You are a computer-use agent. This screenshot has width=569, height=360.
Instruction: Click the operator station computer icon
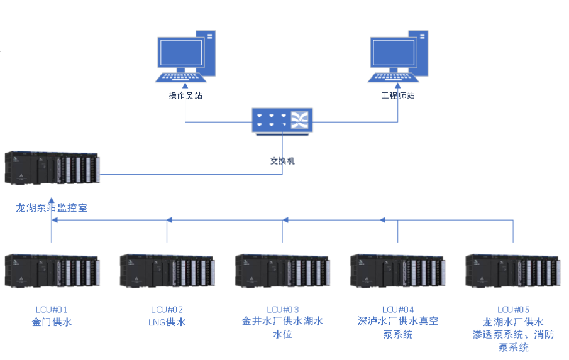pyautogui.click(x=187, y=57)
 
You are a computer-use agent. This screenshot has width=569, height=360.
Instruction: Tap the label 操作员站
pyautogui.click(x=185, y=96)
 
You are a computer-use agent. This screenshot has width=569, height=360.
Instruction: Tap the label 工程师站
pyautogui.click(x=398, y=96)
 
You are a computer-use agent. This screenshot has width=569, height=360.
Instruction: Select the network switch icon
pyautogui.click(x=282, y=120)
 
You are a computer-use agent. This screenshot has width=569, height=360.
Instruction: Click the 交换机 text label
pyautogui.click(x=282, y=161)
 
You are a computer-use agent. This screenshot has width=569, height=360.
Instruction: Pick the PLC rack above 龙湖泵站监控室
pyautogui.click(x=52, y=168)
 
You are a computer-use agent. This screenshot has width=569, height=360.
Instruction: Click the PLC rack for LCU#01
pyautogui.click(x=52, y=271)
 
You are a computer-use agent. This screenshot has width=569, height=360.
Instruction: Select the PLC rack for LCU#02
pyautogui.click(x=167, y=271)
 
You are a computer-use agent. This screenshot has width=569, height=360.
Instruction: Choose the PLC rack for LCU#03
pyautogui.click(x=282, y=271)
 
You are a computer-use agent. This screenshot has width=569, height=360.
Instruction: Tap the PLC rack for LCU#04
pyautogui.click(x=397, y=271)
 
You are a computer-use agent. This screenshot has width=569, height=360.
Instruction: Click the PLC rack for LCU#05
pyautogui.click(x=512, y=271)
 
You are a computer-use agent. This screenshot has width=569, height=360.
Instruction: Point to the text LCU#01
pyautogui.click(x=52, y=310)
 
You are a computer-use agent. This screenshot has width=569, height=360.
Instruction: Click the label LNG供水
pyautogui.click(x=167, y=322)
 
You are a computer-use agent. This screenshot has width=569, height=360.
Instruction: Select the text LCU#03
pyautogui.click(x=282, y=310)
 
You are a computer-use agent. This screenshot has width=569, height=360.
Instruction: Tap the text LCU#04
pyautogui.click(x=398, y=310)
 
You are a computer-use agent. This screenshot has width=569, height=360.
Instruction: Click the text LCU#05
pyautogui.click(x=513, y=310)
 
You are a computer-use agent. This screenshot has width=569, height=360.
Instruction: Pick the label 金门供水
pyautogui.click(x=52, y=322)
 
